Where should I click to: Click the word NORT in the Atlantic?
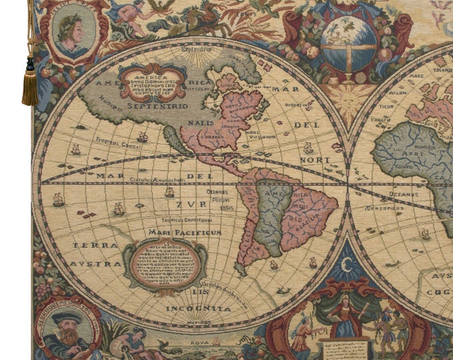pos(316,160)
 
